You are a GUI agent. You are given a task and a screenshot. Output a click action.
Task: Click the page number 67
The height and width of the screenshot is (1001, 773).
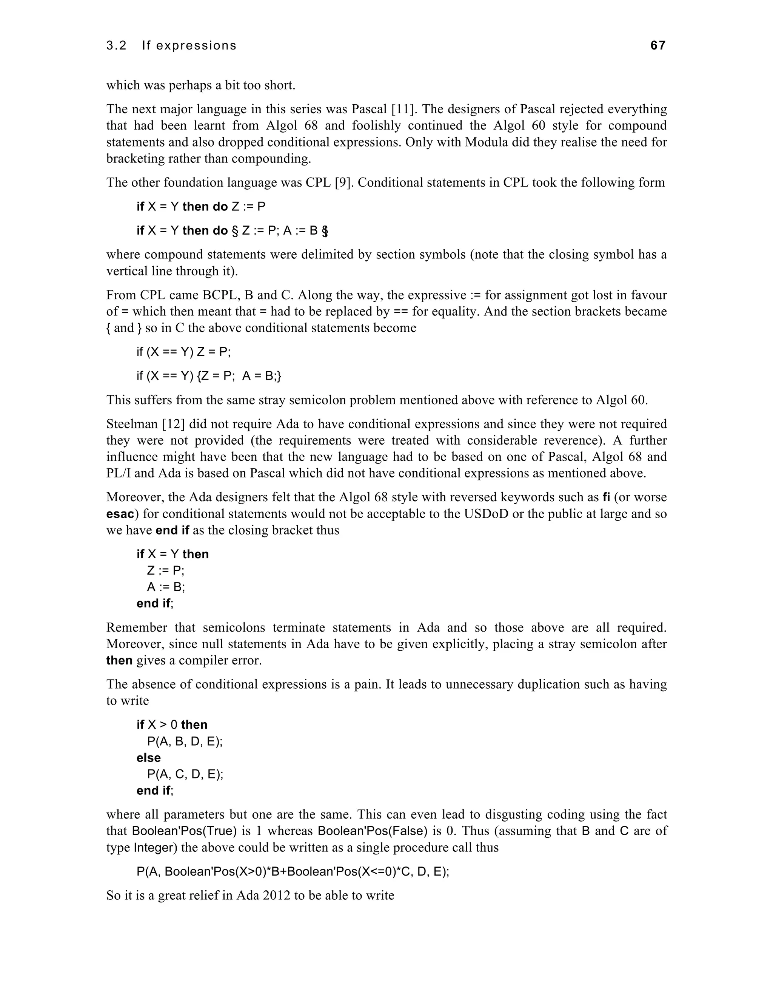(x=658, y=45)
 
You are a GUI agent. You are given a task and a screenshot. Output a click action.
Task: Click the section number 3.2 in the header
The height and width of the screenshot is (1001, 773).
(x=116, y=46)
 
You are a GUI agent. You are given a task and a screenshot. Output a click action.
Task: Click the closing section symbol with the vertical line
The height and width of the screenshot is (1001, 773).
(x=325, y=230)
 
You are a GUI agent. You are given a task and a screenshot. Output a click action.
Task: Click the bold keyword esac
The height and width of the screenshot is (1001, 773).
(x=120, y=514)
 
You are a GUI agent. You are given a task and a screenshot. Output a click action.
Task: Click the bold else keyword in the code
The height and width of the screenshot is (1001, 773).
(x=148, y=758)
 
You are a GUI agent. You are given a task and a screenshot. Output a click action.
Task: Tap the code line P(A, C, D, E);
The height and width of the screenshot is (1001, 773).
(x=185, y=774)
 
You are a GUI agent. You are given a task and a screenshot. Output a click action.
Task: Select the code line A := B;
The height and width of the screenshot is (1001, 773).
(x=166, y=587)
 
